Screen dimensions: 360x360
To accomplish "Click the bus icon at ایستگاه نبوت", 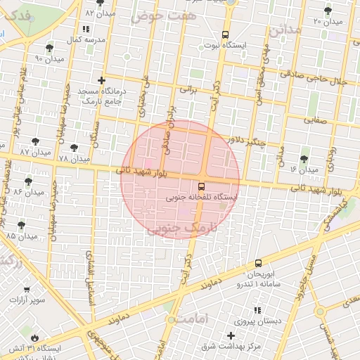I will click(225, 34).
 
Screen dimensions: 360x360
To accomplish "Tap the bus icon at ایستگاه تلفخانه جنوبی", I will click(202, 187).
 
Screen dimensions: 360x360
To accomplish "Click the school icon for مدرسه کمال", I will click(86, 30).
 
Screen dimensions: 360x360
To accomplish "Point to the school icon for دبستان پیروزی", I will click(257, 310).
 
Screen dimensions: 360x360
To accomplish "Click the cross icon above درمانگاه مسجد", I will click(103, 81).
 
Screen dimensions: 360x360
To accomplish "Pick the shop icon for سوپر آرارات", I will click(27, 289).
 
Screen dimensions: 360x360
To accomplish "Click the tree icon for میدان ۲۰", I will click(328, 10).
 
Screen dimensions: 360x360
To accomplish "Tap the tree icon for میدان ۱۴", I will click(304, 160).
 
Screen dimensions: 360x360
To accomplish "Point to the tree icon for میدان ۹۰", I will click(49, 48).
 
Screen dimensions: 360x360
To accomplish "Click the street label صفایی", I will click(316, 121).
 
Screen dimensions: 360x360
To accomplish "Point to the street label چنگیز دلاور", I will click(248, 141).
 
